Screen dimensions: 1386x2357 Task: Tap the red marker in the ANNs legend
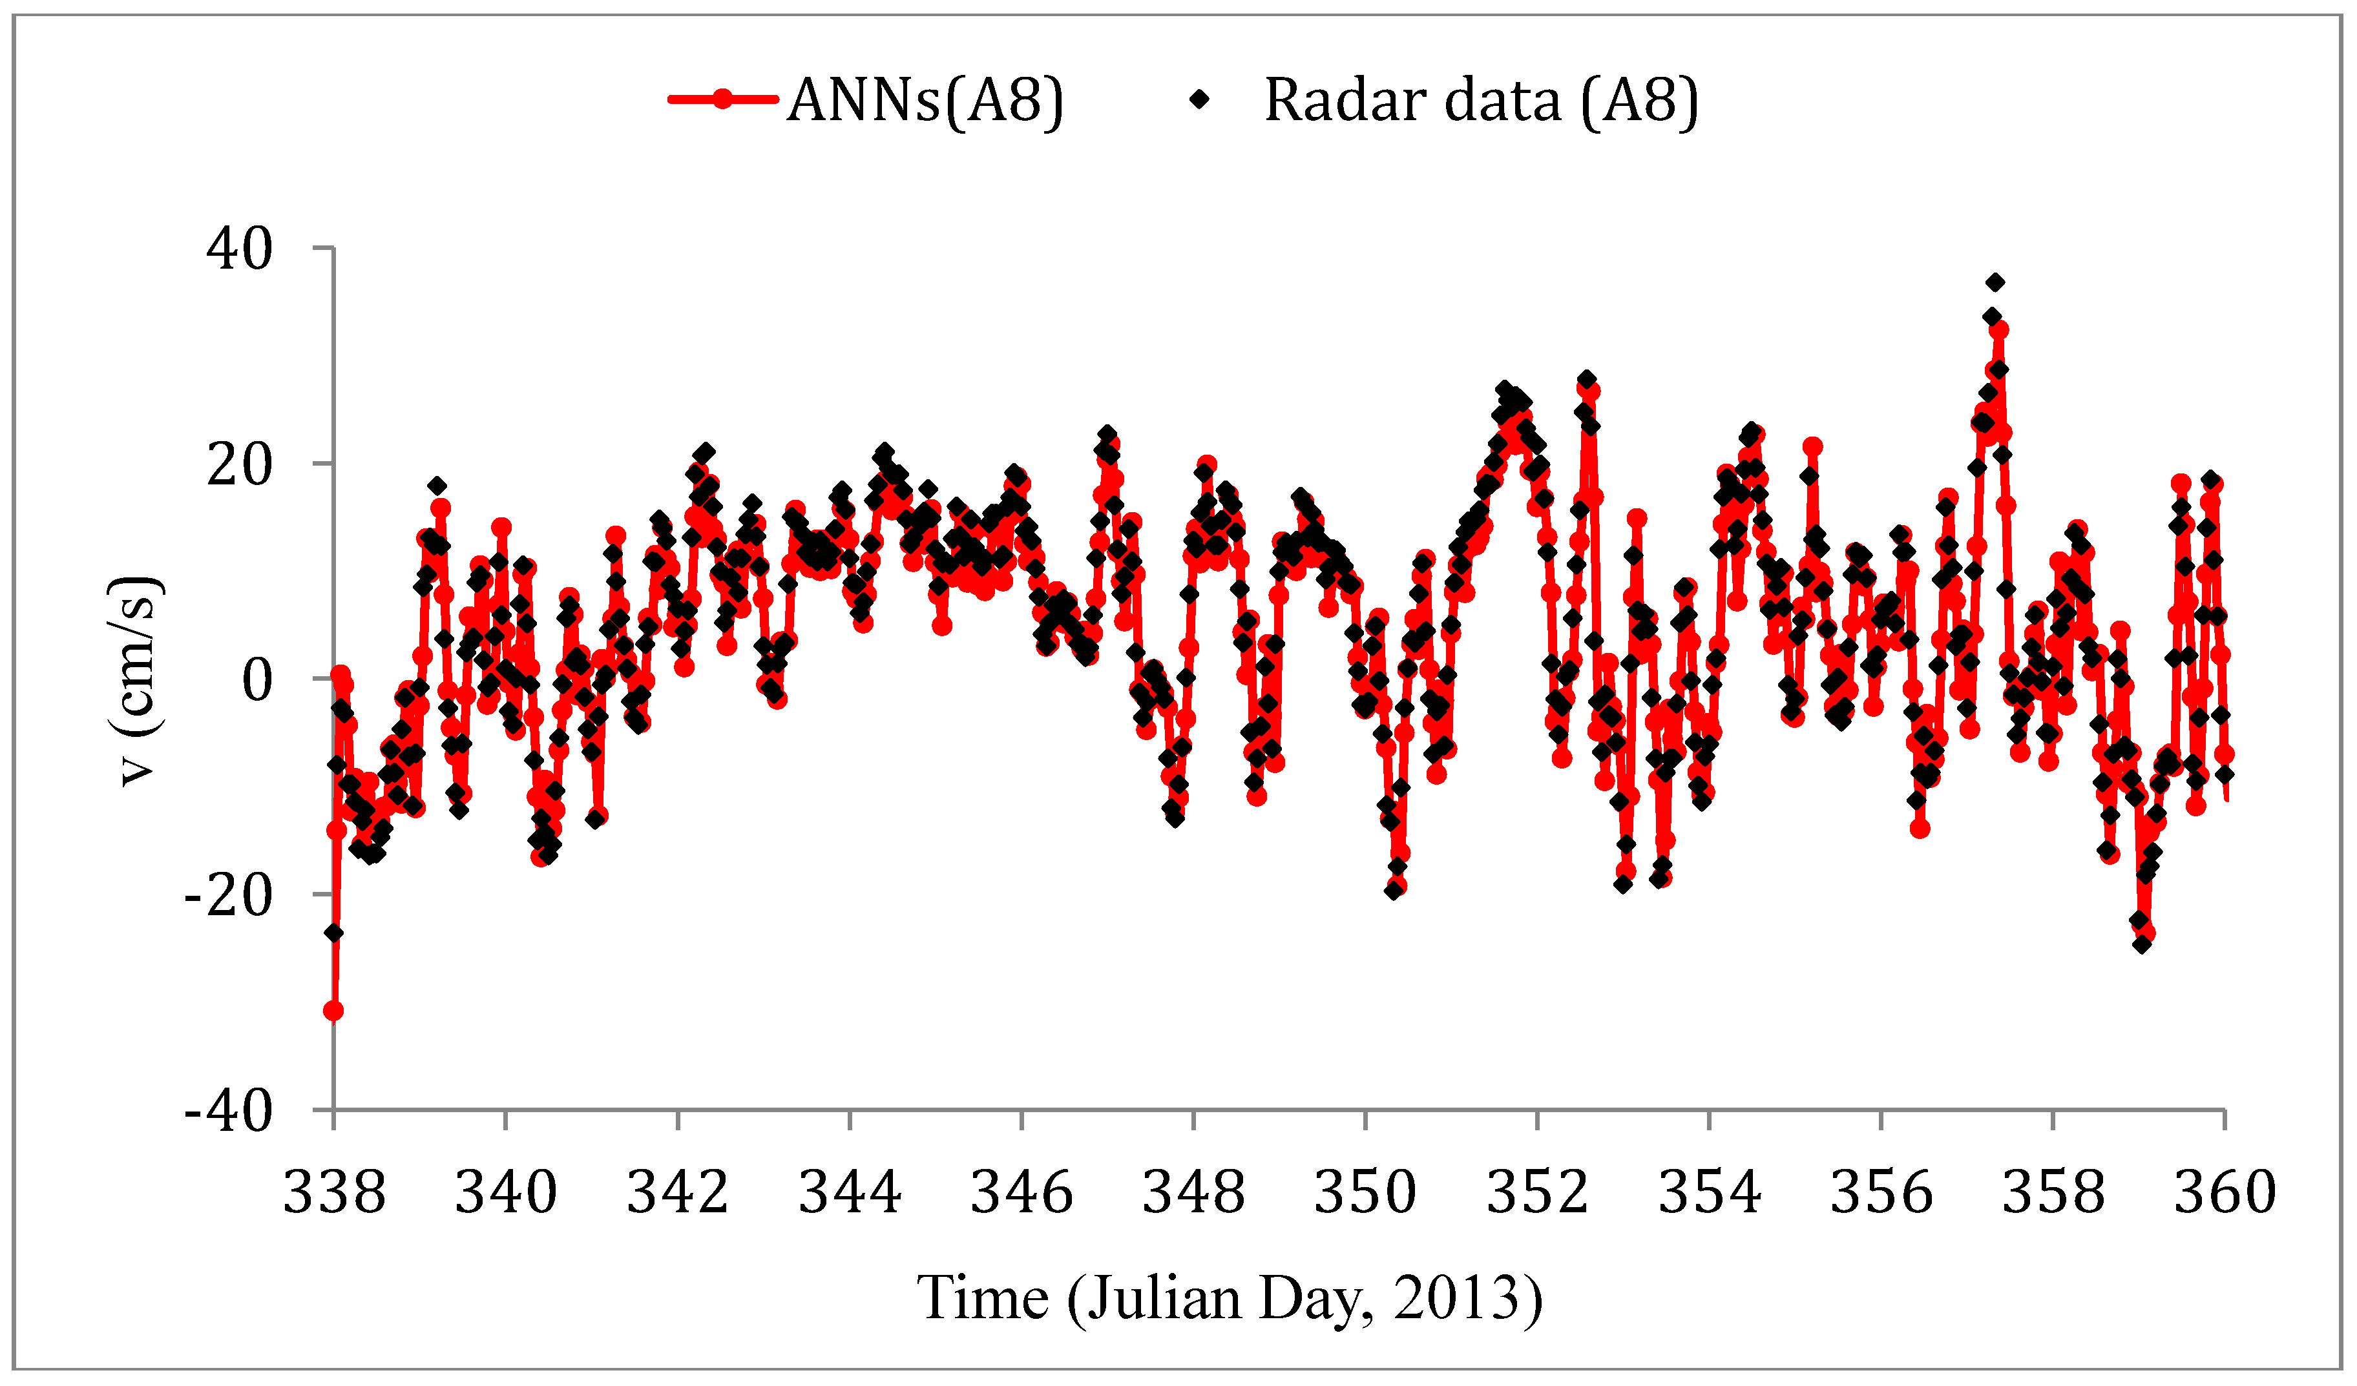tap(722, 99)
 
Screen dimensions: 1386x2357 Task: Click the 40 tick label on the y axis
tap(240, 250)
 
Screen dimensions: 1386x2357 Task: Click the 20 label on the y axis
tap(240, 465)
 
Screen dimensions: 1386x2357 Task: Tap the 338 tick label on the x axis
tap(334, 1194)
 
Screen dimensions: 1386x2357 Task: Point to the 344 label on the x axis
tap(849, 1194)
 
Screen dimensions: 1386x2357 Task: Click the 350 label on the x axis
tap(1366, 1194)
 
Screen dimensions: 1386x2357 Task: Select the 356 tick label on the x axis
tap(1881, 1194)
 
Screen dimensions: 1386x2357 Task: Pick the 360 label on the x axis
tap(2224, 1194)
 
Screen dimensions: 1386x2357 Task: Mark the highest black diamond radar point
tap(1995, 282)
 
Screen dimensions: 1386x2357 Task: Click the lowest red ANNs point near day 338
tap(333, 1011)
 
